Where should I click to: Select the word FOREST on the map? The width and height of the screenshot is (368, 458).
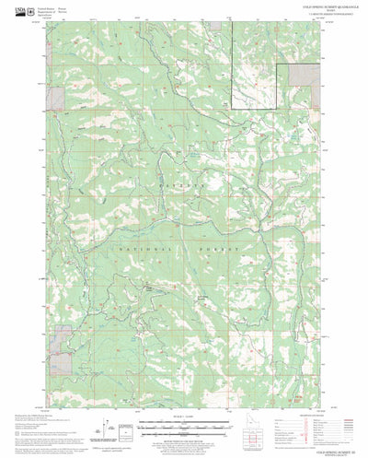[x=221, y=250]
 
